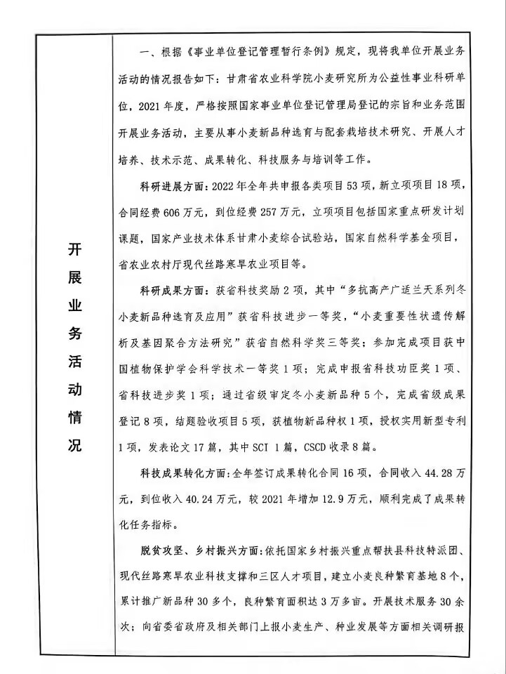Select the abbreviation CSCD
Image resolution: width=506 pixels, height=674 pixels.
point(314,445)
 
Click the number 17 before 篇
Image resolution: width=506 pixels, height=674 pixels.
point(201,445)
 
